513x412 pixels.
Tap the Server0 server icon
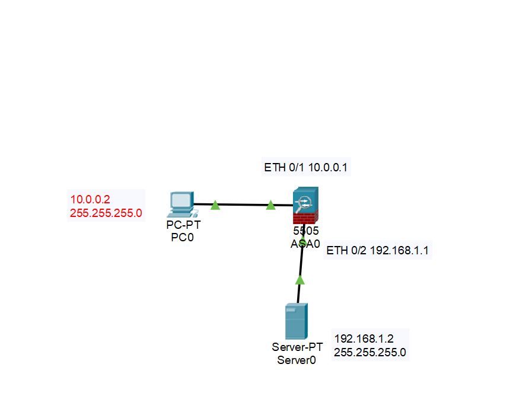point(296,321)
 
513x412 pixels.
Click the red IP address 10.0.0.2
point(90,200)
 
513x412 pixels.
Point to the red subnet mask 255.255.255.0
point(106,213)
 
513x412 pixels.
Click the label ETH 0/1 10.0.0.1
point(307,168)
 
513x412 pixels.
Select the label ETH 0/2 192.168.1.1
point(378,251)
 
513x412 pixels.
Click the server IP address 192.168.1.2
point(364,339)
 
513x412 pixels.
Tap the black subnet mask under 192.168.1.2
point(370,352)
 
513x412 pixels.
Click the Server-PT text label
point(297,347)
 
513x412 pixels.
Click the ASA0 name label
point(305,243)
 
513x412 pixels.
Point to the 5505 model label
point(306,231)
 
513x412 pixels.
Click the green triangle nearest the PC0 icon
point(215,205)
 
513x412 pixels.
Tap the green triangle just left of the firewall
point(271,205)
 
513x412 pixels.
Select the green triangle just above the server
point(300,280)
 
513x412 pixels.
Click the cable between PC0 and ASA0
point(243,205)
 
